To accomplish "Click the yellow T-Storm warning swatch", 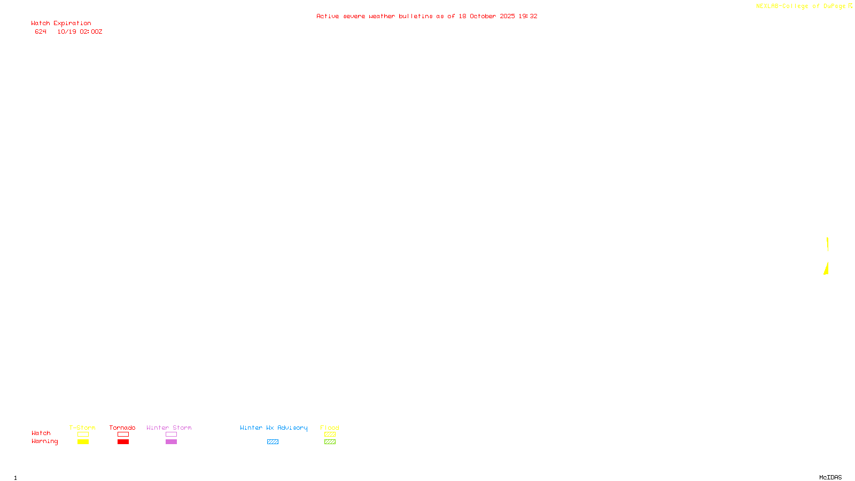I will tap(83, 442).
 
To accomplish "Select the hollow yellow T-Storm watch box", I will tap(83, 435).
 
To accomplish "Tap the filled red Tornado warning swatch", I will tap(123, 442).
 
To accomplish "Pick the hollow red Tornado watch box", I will tap(123, 435).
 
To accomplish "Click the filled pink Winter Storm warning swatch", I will tap(171, 442).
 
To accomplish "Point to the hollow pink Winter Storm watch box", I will tap(171, 435).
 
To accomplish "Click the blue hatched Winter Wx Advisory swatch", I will tap(273, 442).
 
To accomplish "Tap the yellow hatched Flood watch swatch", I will tap(330, 435).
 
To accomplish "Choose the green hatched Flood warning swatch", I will tap(330, 442).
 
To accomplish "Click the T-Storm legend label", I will tap(82, 428).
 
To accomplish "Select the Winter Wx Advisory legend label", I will tap(274, 428).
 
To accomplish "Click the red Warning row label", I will tap(44, 441).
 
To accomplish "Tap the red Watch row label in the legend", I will tap(41, 433).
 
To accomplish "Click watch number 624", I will tap(41, 32).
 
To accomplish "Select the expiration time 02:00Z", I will tap(91, 32).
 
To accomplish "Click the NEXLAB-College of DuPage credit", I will tap(801, 6).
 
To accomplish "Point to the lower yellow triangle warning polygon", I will tap(826, 269).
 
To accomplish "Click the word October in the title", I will tap(483, 16).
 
